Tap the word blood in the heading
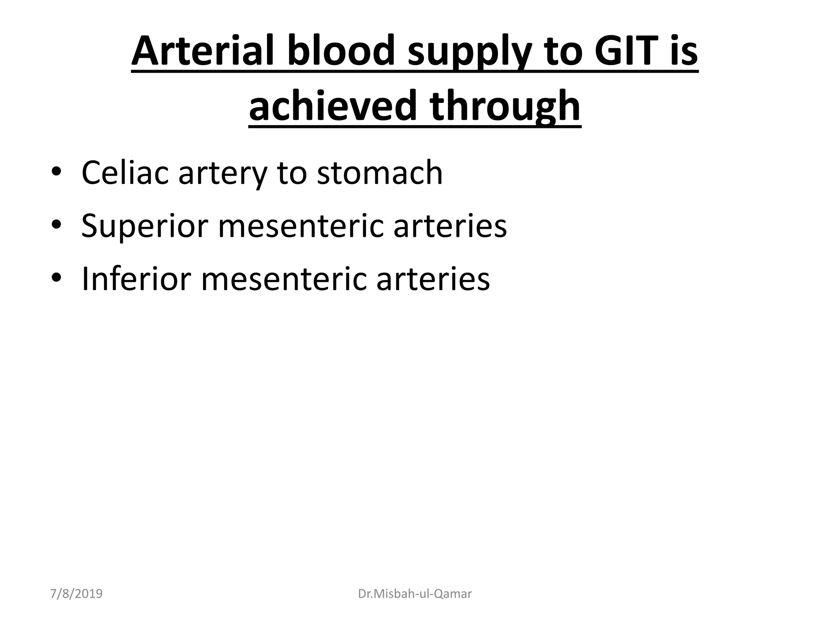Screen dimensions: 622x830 [341, 52]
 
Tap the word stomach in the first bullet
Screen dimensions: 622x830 [380, 173]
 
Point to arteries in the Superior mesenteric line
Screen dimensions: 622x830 [450, 226]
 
